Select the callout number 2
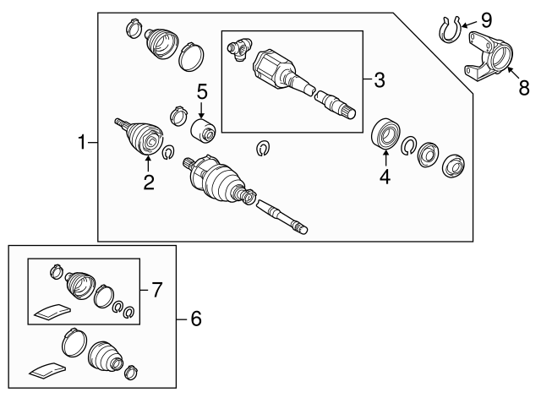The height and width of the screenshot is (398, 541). (x=149, y=180)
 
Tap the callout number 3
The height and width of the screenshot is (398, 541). (x=379, y=80)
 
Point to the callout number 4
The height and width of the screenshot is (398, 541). (x=385, y=177)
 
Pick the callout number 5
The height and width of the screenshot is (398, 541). (x=202, y=90)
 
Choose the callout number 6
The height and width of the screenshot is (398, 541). (x=195, y=319)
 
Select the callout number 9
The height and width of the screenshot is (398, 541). (x=486, y=19)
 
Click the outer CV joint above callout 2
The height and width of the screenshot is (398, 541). (x=145, y=137)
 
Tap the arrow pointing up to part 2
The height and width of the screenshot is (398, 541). (x=149, y=161)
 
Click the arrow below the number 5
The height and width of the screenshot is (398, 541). (x=202, y=109)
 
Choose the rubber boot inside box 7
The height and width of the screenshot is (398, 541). (x=79, y=284)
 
